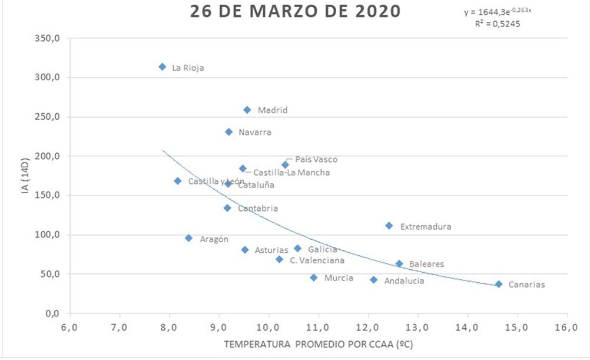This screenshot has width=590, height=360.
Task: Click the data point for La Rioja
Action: tap(162, 67)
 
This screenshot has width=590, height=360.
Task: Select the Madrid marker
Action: tap(247, 110)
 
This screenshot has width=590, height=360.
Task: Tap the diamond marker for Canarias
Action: tap(499, 284)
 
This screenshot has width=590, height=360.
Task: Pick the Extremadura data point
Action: tap(389, 226)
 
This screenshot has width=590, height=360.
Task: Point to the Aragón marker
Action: tap(188, 238)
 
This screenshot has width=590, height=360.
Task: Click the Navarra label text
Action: tap(255, 133)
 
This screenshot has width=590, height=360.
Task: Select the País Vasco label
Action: tap(316, 160)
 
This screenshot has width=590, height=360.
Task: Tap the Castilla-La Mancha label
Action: tap(291, 173)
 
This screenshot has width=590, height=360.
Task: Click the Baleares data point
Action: tap(399, 264)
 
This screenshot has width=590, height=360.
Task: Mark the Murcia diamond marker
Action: tap(314, 278)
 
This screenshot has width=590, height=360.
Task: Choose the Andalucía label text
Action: tap(404, 281)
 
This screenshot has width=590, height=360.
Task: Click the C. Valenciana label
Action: tap(317, 260)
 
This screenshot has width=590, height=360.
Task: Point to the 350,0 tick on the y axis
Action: tap(49, 38)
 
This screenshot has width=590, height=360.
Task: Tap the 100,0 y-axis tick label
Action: tap(49, 235)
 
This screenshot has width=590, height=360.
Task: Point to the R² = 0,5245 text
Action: tap(498, 24)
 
